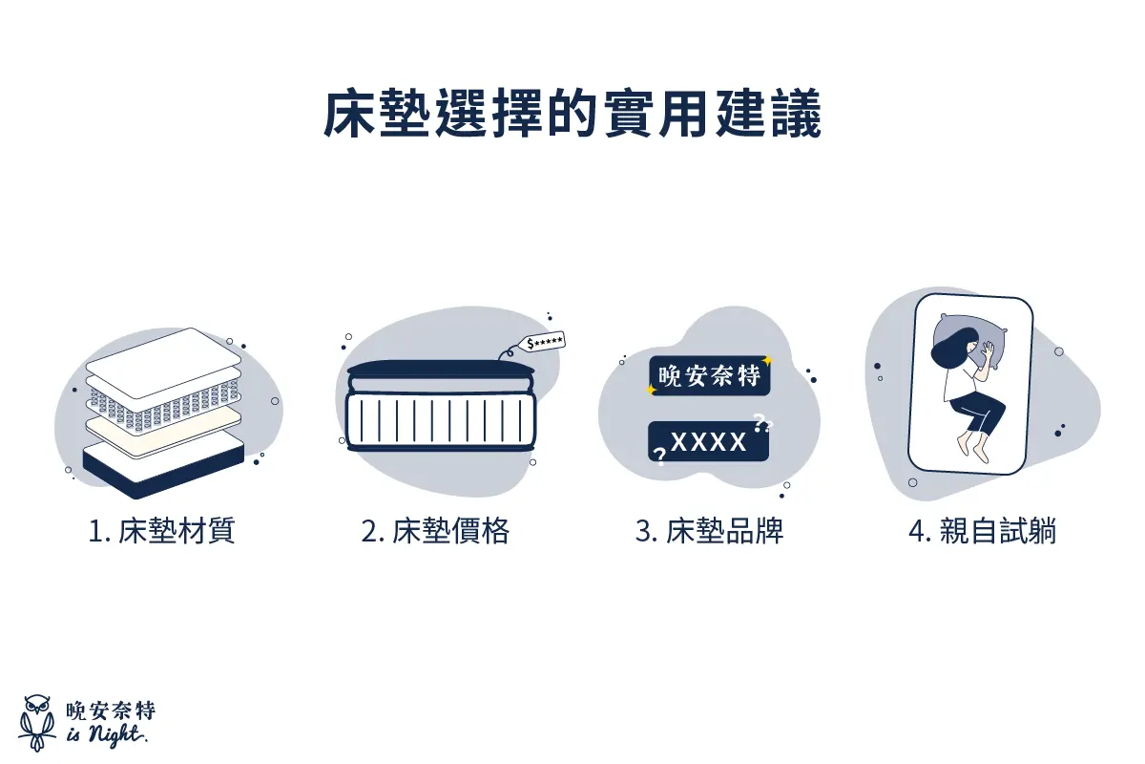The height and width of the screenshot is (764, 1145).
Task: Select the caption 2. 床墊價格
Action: tap(435, 532)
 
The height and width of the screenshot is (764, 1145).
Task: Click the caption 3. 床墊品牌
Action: tap(709, 532)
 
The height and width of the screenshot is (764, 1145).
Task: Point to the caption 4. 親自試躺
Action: tap(983, 532)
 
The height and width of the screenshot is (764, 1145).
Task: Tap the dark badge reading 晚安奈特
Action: tap(709, 376)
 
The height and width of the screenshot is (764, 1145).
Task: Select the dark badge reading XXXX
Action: tap(709, 441)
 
